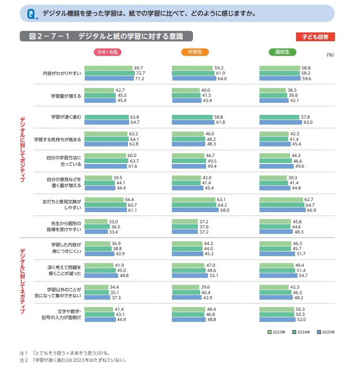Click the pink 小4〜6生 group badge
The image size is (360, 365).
(107, 52)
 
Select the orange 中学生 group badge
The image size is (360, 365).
(195, 52)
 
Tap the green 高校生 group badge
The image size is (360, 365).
(283, 52)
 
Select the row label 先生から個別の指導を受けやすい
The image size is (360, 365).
(68, 226)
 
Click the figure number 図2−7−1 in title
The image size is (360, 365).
(49, 37)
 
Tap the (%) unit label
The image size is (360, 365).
(330, 55)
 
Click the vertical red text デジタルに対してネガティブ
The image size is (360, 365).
(22, 282)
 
